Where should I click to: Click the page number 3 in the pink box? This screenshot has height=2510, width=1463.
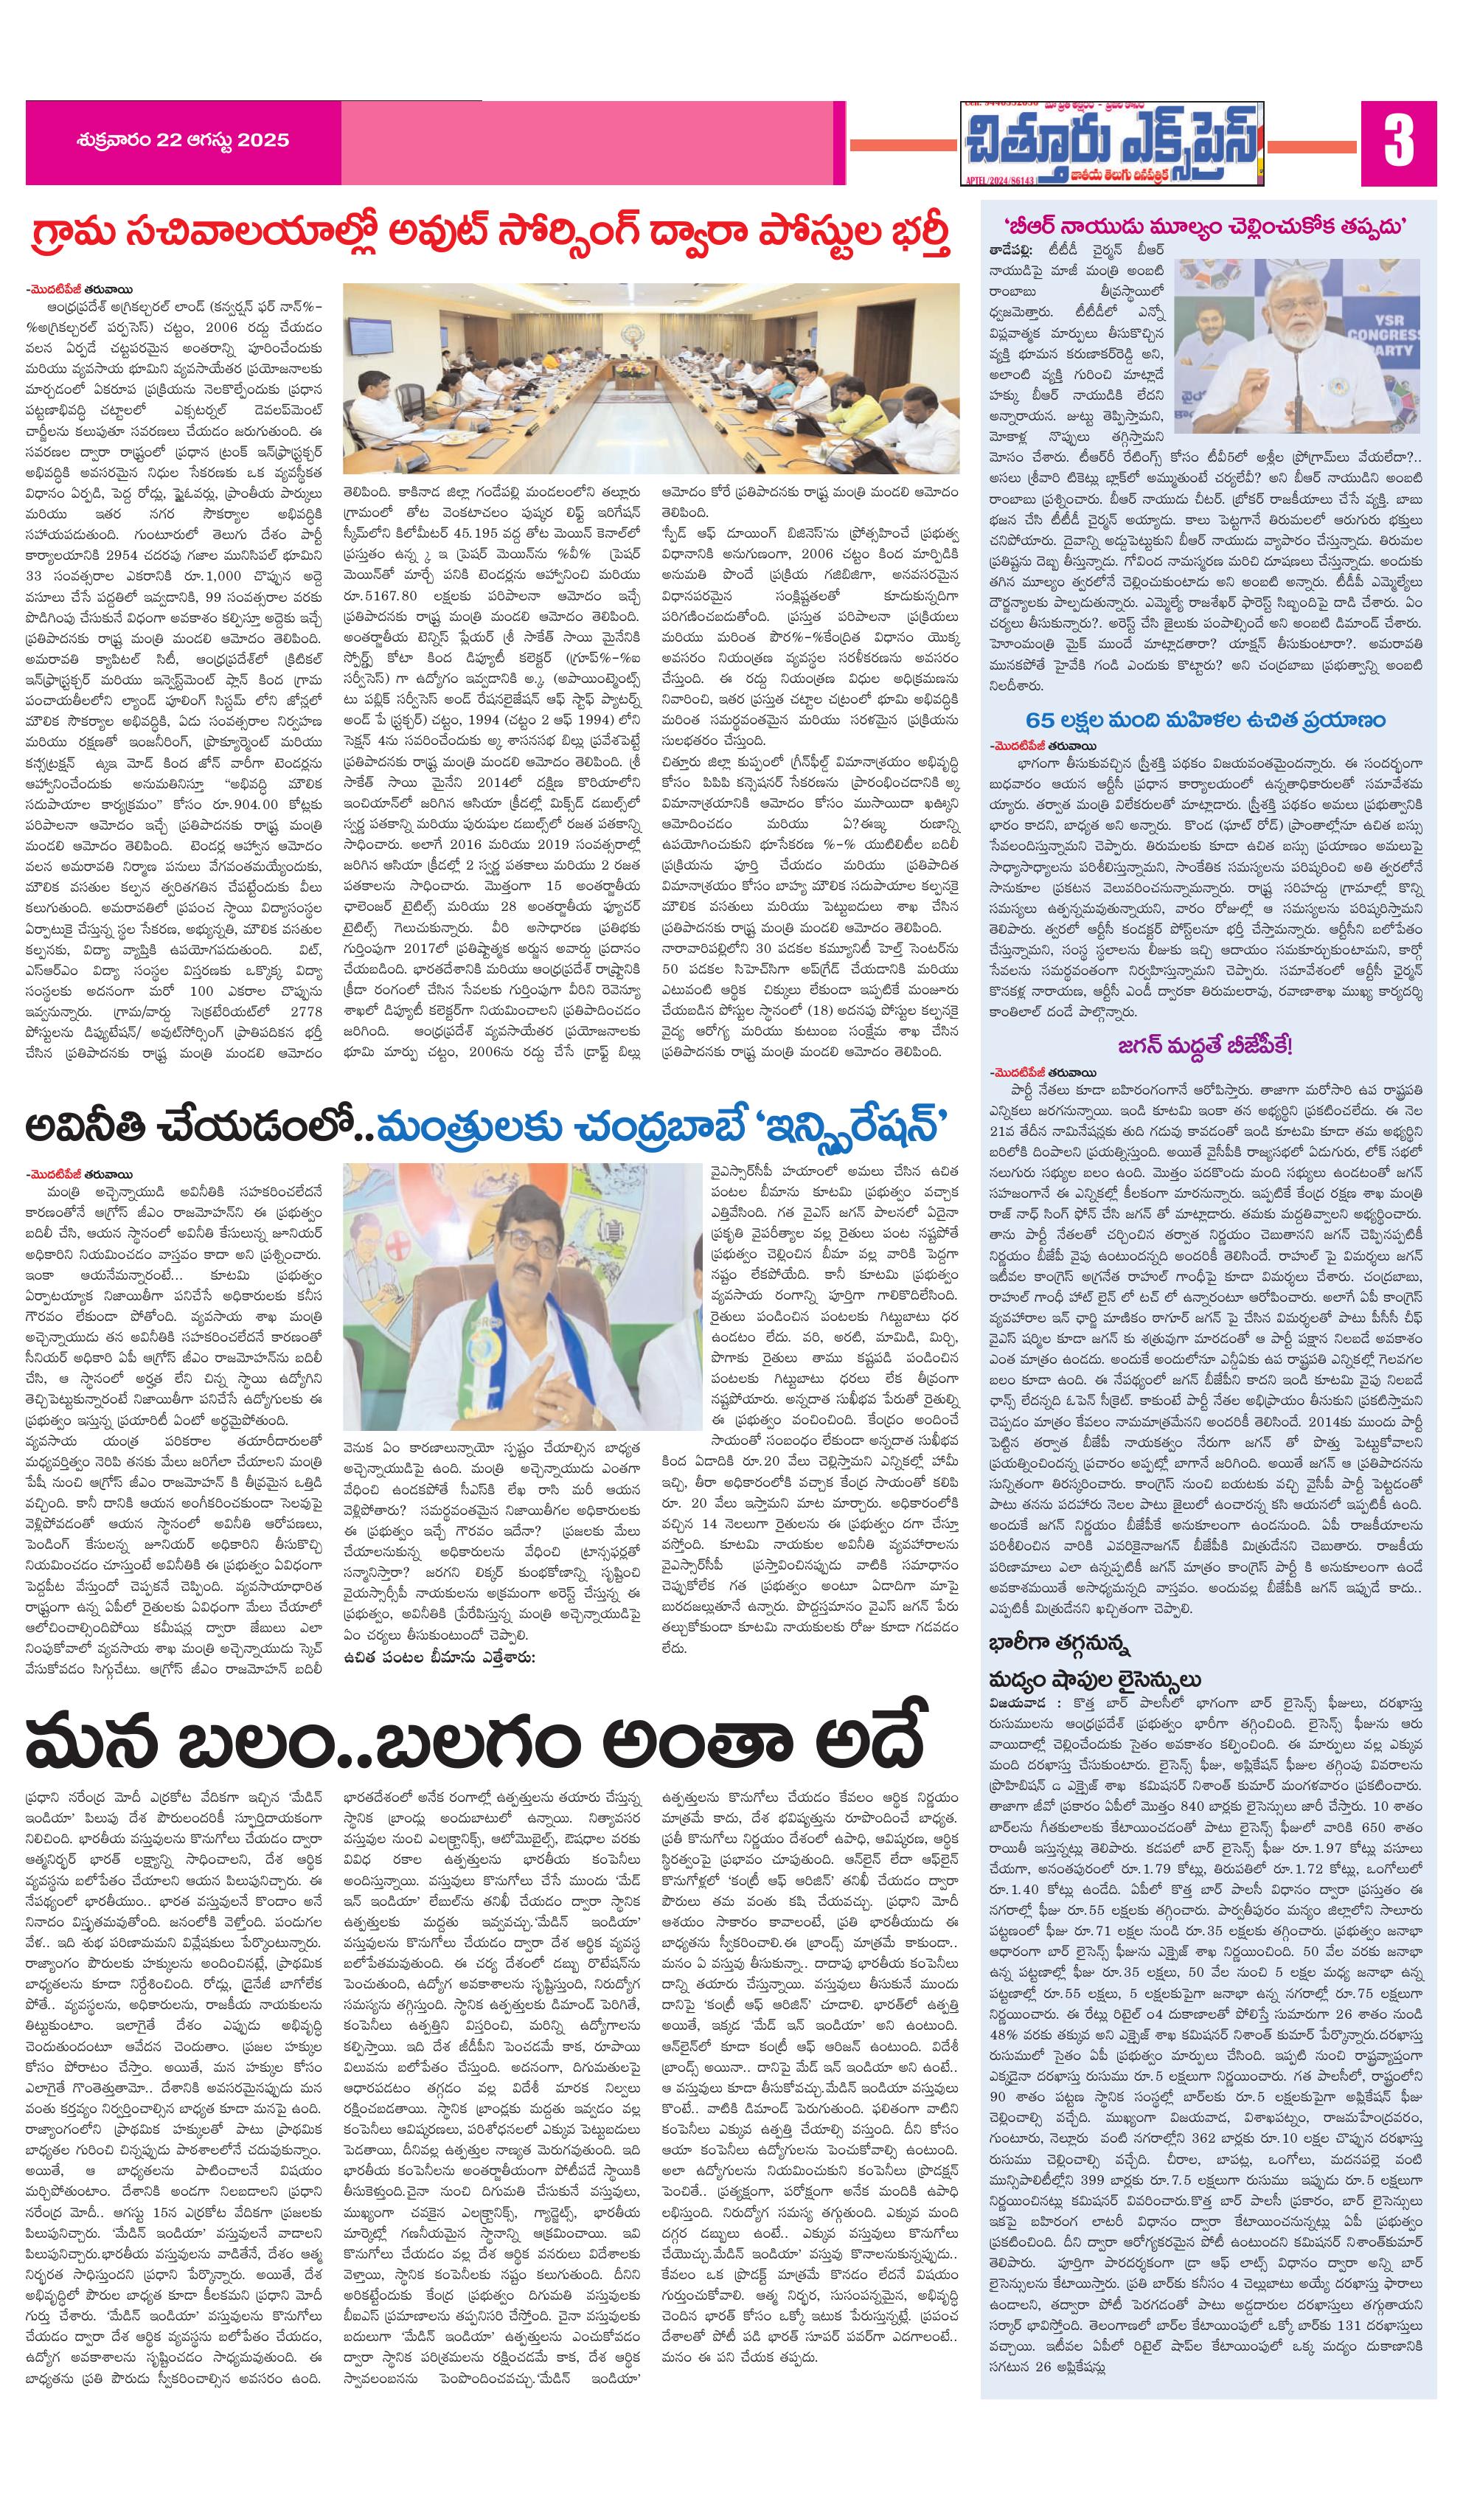coord(1398,142)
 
